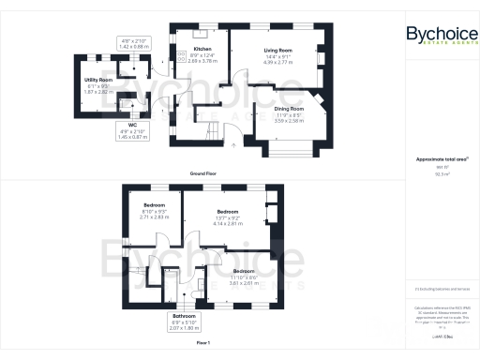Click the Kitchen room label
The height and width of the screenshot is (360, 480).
(202, 49)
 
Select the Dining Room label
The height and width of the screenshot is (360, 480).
(289, 109)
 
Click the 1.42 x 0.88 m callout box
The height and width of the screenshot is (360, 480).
(136, 42)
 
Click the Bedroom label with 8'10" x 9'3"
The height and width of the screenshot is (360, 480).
(154, 204)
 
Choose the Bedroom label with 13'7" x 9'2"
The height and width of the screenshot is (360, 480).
(229, 212)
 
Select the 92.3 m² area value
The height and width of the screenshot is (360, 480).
(440, 174)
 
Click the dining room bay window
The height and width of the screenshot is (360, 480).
(292, 147)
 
